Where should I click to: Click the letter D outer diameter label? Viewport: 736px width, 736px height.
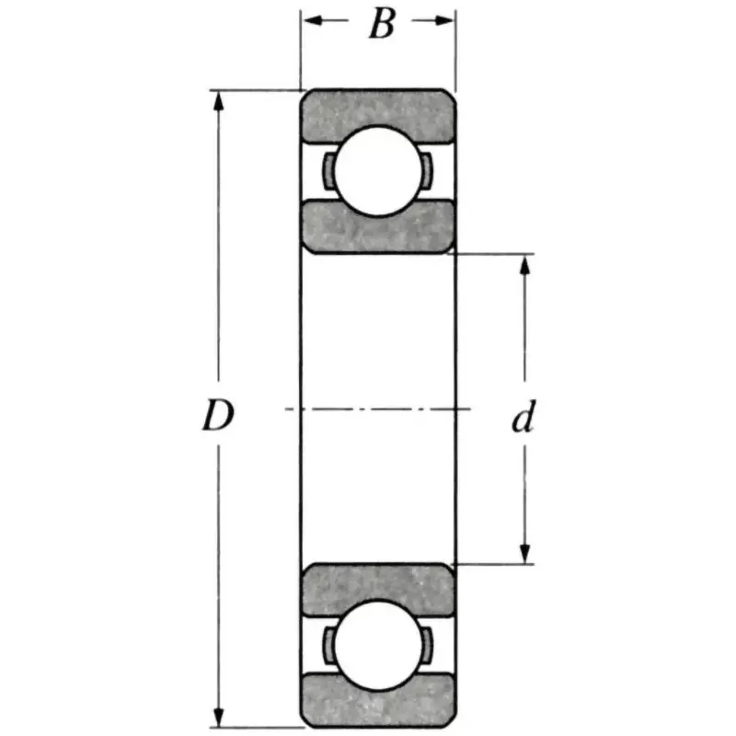click(x=217, y=418)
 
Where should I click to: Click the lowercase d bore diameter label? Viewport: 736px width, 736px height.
click(x=523, y=420)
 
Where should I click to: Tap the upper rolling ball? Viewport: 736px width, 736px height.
click(x=378, y=170)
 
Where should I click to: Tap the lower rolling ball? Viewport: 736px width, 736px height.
click(x=378, y=644)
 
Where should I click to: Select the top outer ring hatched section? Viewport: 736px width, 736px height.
click(x=378, y=114)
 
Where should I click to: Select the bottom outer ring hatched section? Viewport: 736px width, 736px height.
click(x=378, y=699)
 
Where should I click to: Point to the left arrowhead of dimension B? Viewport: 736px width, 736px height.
click(x=310, y=21)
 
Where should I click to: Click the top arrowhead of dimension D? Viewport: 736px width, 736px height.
click(x=219, y=99)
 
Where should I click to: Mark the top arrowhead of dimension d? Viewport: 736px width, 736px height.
click(x=525, y=265)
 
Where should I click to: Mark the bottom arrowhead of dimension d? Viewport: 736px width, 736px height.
click(x=525, y=554)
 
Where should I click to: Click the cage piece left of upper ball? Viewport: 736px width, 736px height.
click(x=328, y=170)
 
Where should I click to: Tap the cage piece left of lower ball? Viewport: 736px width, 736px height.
click(x=328, y=644)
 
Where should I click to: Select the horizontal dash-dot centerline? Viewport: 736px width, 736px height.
click(x=378, y=408)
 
